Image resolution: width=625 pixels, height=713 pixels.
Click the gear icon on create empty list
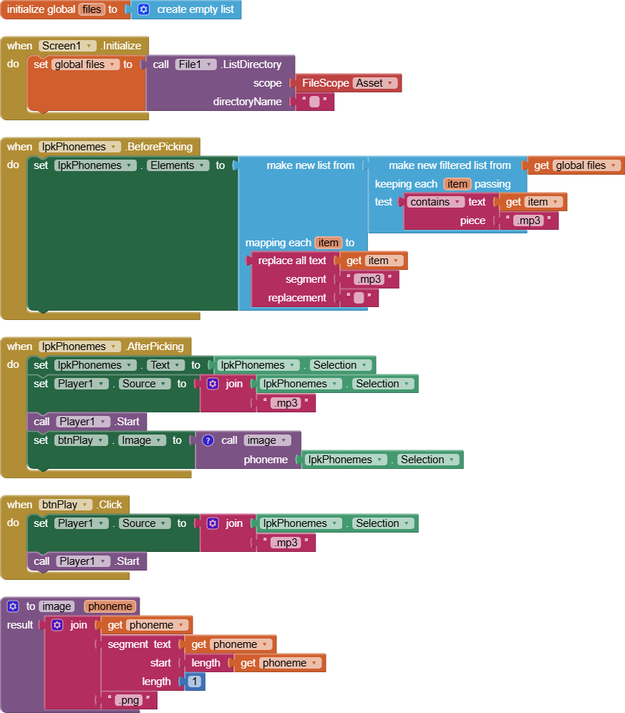tap(143, 10)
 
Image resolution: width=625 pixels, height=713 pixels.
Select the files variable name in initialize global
tap(91, 10)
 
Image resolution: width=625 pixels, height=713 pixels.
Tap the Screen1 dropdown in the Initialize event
tap(67, 46)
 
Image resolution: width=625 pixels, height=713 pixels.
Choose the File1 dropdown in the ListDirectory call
tap(195, 64)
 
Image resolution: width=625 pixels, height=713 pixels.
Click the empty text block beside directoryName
tap(314, 102)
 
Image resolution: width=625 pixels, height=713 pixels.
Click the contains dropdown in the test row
tap(436, 202)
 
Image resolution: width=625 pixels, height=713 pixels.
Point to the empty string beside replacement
tap(359, 298)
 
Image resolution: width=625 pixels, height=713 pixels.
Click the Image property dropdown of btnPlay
tap(142, 440)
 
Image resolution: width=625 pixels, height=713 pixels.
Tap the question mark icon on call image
tap(208, 440)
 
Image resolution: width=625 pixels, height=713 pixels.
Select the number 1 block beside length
tap(195, 682)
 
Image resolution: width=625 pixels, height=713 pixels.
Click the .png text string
tap(128, 700)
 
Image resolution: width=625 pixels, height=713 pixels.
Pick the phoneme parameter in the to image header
tap(110, 606)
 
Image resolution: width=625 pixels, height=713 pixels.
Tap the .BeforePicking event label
tap(158, 147)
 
